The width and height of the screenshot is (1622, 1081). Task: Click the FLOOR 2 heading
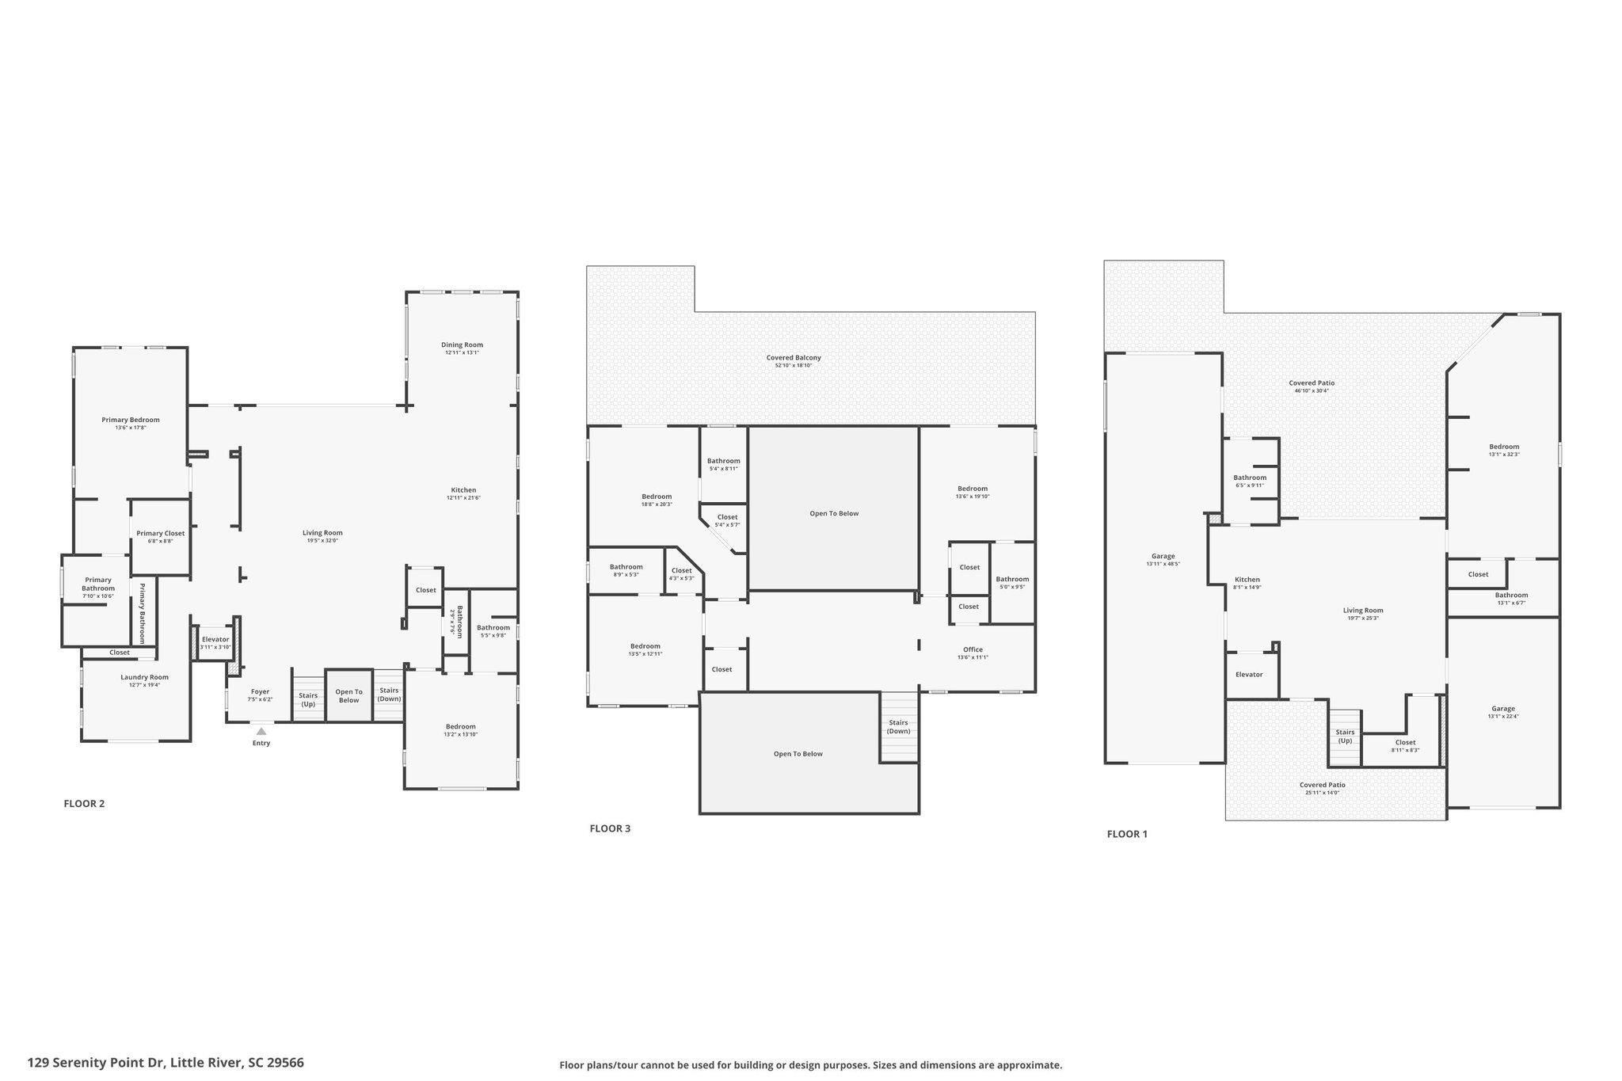(84, 804)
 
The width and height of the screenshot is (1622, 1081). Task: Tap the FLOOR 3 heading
(610, 829)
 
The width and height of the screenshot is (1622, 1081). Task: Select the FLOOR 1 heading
(1127, 834)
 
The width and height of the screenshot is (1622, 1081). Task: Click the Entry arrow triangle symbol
(261, 731)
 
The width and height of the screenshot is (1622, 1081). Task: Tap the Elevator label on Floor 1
(1249, 675)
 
